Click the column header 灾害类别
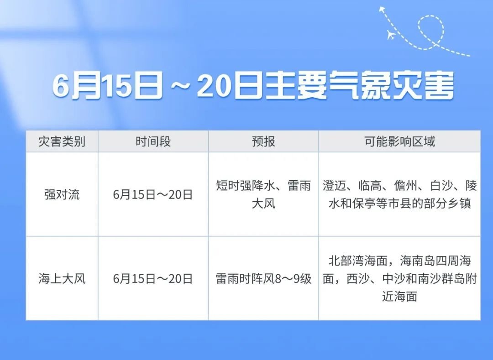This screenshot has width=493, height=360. (x=62, y=142)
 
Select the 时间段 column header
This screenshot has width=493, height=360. (x=153, y=142)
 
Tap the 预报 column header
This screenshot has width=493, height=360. (x=263, y=142)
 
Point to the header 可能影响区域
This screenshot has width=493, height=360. (x=399, y=142)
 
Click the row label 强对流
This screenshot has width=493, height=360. (x=62, y=194)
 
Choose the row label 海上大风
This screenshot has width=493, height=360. (x=62, y=279)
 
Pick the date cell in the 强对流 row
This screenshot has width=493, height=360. (x=153, y=194)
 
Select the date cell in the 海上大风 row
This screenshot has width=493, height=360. (x=153, y=279)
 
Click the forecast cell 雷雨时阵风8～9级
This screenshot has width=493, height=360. (x=263, y=279)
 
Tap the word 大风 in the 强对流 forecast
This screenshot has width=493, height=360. (x=263, y=203)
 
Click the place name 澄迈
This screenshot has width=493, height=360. (x=334, y=186)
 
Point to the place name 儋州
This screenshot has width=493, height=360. (x=406, y=186)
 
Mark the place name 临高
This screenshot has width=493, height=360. (x=370, y=186)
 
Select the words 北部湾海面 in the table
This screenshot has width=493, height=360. (x=358, y=261)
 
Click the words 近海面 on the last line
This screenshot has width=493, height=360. (x=399, y=296)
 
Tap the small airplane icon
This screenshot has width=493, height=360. (x=391, y=35)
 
